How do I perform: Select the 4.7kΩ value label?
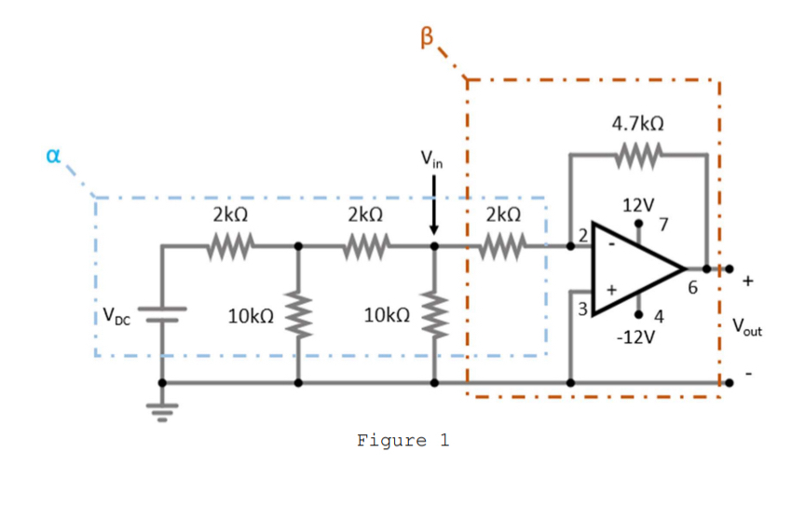pyautogui.click(x=637, y=123)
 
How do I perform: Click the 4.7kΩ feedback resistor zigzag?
pyautogui.click(x=638, y=152)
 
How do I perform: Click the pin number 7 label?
pyautogui.click(x=663, y=225)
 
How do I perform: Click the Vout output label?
pyautogui.click(x=746, y=326)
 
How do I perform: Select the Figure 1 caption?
pyautogui.click(x=403, y=440)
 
